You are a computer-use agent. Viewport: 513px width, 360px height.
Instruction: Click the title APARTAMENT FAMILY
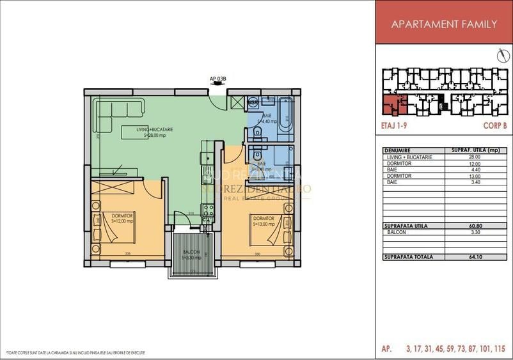443,24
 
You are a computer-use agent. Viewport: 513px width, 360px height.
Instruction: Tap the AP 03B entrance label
218,79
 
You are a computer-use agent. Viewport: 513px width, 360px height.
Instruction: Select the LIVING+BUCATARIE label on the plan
154,132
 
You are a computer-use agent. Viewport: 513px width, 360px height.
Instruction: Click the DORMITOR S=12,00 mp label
120,219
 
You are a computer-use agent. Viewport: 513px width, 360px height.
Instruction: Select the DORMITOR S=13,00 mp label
263,221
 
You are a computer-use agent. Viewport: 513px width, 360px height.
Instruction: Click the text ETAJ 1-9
393,127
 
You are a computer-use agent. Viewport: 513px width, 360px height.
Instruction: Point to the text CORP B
493,127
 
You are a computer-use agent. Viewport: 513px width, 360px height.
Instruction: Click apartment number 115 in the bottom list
499,349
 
